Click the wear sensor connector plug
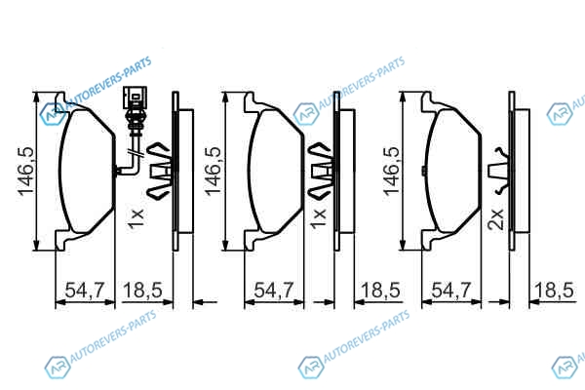[x=136, y=97]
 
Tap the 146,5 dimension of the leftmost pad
[x=27, y=171]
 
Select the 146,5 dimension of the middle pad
[x=214, y=171]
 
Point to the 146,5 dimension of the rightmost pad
[x=392, y=171]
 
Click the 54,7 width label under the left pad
[x=85, y=290]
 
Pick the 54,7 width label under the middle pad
[x=274, y=290]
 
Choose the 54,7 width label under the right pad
[x=451, y=290]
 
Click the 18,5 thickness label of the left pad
[x=143, y=290]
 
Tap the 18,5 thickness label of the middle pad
[x=380, y=290]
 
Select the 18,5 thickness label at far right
[x=554, y=290]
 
